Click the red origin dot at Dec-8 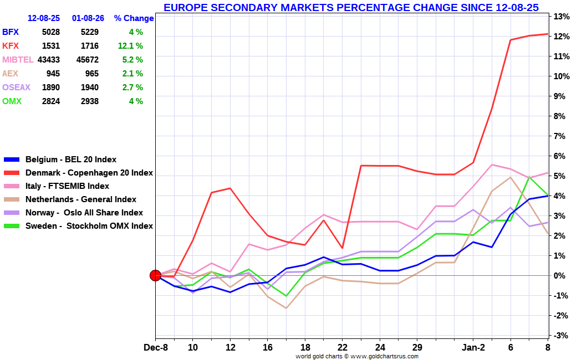(156, 275)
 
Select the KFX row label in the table (11, 46)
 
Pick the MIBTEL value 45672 (86, 60)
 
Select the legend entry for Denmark (89, 173)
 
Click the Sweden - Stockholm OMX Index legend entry (89, 226)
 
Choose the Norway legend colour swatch (12, 213)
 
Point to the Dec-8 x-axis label (156, 347)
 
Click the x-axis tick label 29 (417, 347)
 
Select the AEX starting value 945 (53, 74)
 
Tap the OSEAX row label (16, 88)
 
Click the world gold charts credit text (356, 356)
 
